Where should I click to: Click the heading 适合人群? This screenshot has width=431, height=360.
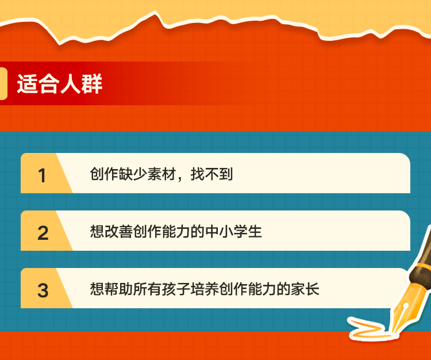60,83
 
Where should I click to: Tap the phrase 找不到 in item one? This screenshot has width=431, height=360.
211,174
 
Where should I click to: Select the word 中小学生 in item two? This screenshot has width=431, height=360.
233,231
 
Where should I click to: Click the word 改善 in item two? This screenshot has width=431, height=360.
119,231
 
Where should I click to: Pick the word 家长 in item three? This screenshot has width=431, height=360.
305,289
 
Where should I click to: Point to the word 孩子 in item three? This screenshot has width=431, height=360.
176,289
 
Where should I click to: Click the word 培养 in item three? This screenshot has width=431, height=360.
205,289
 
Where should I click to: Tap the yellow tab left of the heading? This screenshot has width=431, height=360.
3,83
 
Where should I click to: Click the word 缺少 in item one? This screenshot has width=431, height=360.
133,174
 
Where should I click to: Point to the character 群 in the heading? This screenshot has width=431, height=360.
92,83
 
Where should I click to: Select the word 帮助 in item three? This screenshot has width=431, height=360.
119,289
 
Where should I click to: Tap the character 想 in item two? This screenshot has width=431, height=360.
97,231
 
